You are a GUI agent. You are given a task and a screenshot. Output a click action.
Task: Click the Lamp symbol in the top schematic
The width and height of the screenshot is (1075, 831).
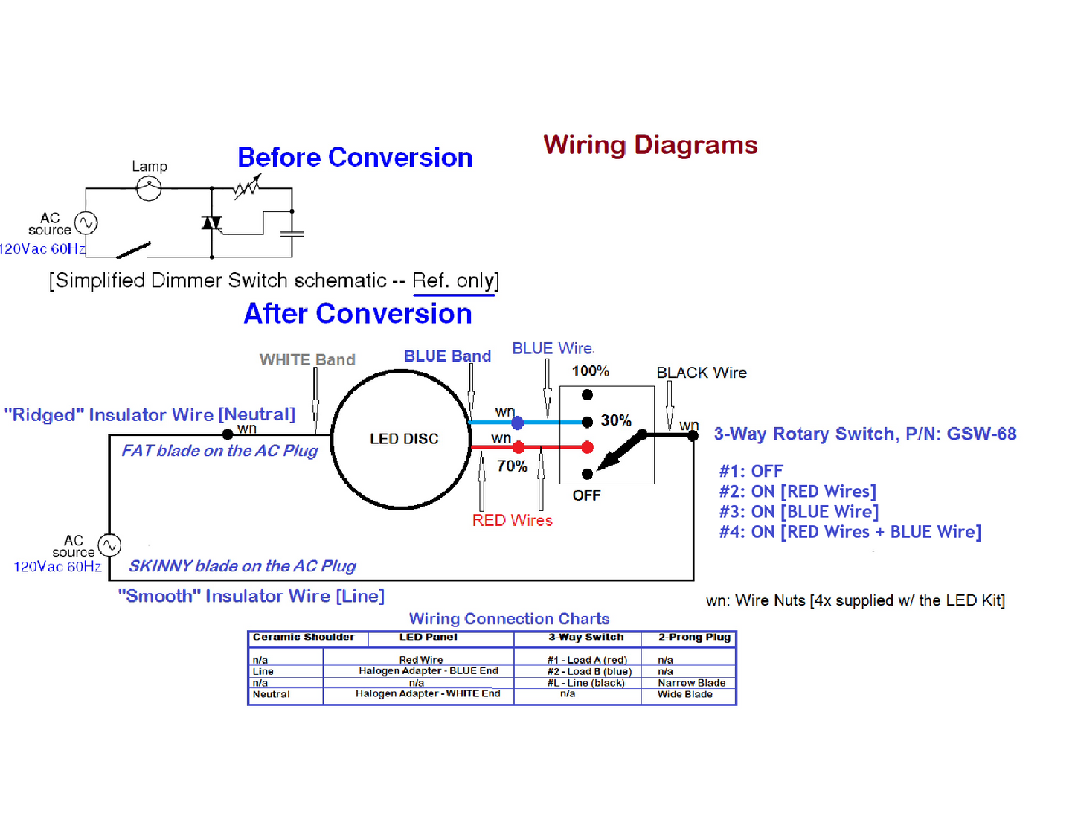[x=149, y=189]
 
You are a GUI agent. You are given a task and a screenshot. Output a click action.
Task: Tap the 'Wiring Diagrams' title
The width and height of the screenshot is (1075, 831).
[x=650, y=144]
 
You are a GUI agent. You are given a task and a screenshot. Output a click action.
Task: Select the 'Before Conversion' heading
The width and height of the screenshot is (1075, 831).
[x=355, y=158]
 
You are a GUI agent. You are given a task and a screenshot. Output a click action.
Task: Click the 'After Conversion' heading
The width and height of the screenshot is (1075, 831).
[x=358, y=314]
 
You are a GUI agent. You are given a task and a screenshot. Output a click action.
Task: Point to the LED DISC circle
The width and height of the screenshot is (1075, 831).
[x=402, y=439]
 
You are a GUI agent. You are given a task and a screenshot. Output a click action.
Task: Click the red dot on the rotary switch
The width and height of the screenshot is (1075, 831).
[x=588, y=447]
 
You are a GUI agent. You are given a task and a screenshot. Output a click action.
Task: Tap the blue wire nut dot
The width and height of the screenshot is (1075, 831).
[x=518, y=423]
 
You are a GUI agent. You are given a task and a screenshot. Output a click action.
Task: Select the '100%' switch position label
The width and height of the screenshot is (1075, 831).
[x=590, y=371]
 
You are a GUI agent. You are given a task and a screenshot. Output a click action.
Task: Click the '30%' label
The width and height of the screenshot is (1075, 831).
[x=616, y=420]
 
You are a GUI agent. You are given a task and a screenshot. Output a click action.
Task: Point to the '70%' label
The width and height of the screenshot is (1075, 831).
[x=512, y=466]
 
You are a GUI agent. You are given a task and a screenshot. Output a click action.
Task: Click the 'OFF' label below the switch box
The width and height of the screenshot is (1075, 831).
[x=586, y=495]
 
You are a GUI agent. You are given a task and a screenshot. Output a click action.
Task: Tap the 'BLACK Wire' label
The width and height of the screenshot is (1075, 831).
[x=702, y=373]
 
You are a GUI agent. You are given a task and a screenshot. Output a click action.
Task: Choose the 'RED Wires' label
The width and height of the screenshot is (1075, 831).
[x=513, y=521]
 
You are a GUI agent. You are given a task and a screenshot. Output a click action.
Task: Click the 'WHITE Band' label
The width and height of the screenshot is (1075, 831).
[x=307, y=360]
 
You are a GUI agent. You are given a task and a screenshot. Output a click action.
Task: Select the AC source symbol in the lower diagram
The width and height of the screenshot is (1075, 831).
[x=110, y=545]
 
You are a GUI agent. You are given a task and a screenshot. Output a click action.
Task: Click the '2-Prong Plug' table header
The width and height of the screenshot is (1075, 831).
[x=694, y=637]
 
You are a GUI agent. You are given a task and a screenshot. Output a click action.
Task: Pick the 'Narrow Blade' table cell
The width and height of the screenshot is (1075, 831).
[x=691, y=683]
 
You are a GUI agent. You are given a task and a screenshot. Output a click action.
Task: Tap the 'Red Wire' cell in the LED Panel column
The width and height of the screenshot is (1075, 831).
[x=420, y=660]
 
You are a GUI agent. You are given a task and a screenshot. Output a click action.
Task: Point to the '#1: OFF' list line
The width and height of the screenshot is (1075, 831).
[x=751, y=472]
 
